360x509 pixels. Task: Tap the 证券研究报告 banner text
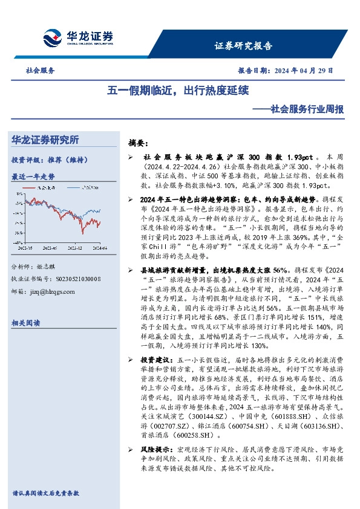point(243,46)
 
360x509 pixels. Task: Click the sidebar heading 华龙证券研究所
point(45,140)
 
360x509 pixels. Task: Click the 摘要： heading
point(138,143)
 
